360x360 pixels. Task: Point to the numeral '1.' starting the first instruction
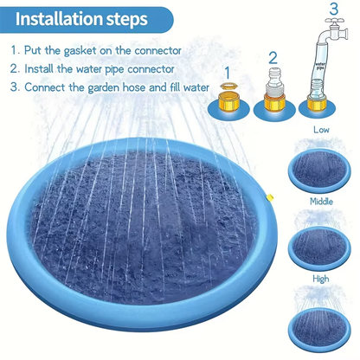pyautogui.click(x=16, y=51)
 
